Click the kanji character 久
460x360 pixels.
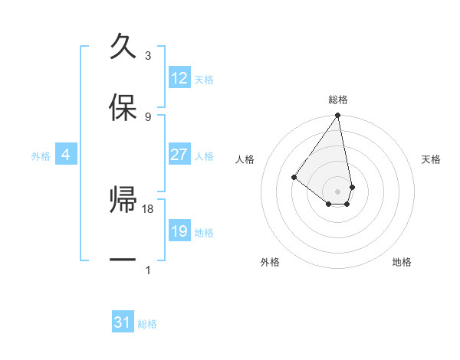[x=123, y=46]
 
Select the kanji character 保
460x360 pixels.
[x=123, y=108]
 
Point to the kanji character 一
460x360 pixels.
[x=123, y=261]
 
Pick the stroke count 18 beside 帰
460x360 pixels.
[x=149, y=208]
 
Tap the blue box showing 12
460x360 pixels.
[x=179, y=78]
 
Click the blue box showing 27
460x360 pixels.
[x=179, y=155]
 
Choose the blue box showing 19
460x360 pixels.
[x=179, y=231]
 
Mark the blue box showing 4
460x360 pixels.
[x=66, y=155]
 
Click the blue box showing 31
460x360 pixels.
[x=123, y=322]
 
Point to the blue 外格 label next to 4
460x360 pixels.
[x=41, y=155]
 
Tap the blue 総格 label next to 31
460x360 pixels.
[x=148, y=324]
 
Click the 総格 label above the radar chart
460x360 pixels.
[x=338, y=100]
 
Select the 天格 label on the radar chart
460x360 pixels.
[x=431, y=159]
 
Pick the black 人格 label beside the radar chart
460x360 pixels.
[x=245, y=159]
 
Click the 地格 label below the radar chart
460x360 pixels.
[x=402, y=262]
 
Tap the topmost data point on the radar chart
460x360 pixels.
[x=337, y=116]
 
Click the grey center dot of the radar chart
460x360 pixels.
[x=337, y=191]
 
